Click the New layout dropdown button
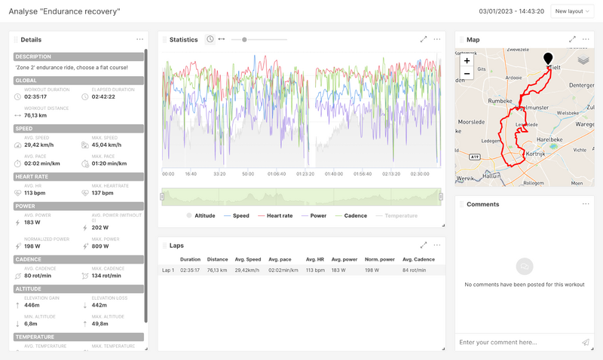(573, 11)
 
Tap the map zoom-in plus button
(467, 60)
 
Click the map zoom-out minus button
(467, 73)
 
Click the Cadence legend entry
(352, 216)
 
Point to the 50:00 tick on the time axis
(248, 174)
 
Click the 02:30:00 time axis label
(420, 174)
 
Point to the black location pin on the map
(548, 58)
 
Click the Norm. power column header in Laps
(379, 260)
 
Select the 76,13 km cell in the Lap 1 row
(217, 270)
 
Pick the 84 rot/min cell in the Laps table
(415, 270)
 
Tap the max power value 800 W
(101, 246)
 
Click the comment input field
(517, 343)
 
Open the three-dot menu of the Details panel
(139, 40)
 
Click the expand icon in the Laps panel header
(423, 245)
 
